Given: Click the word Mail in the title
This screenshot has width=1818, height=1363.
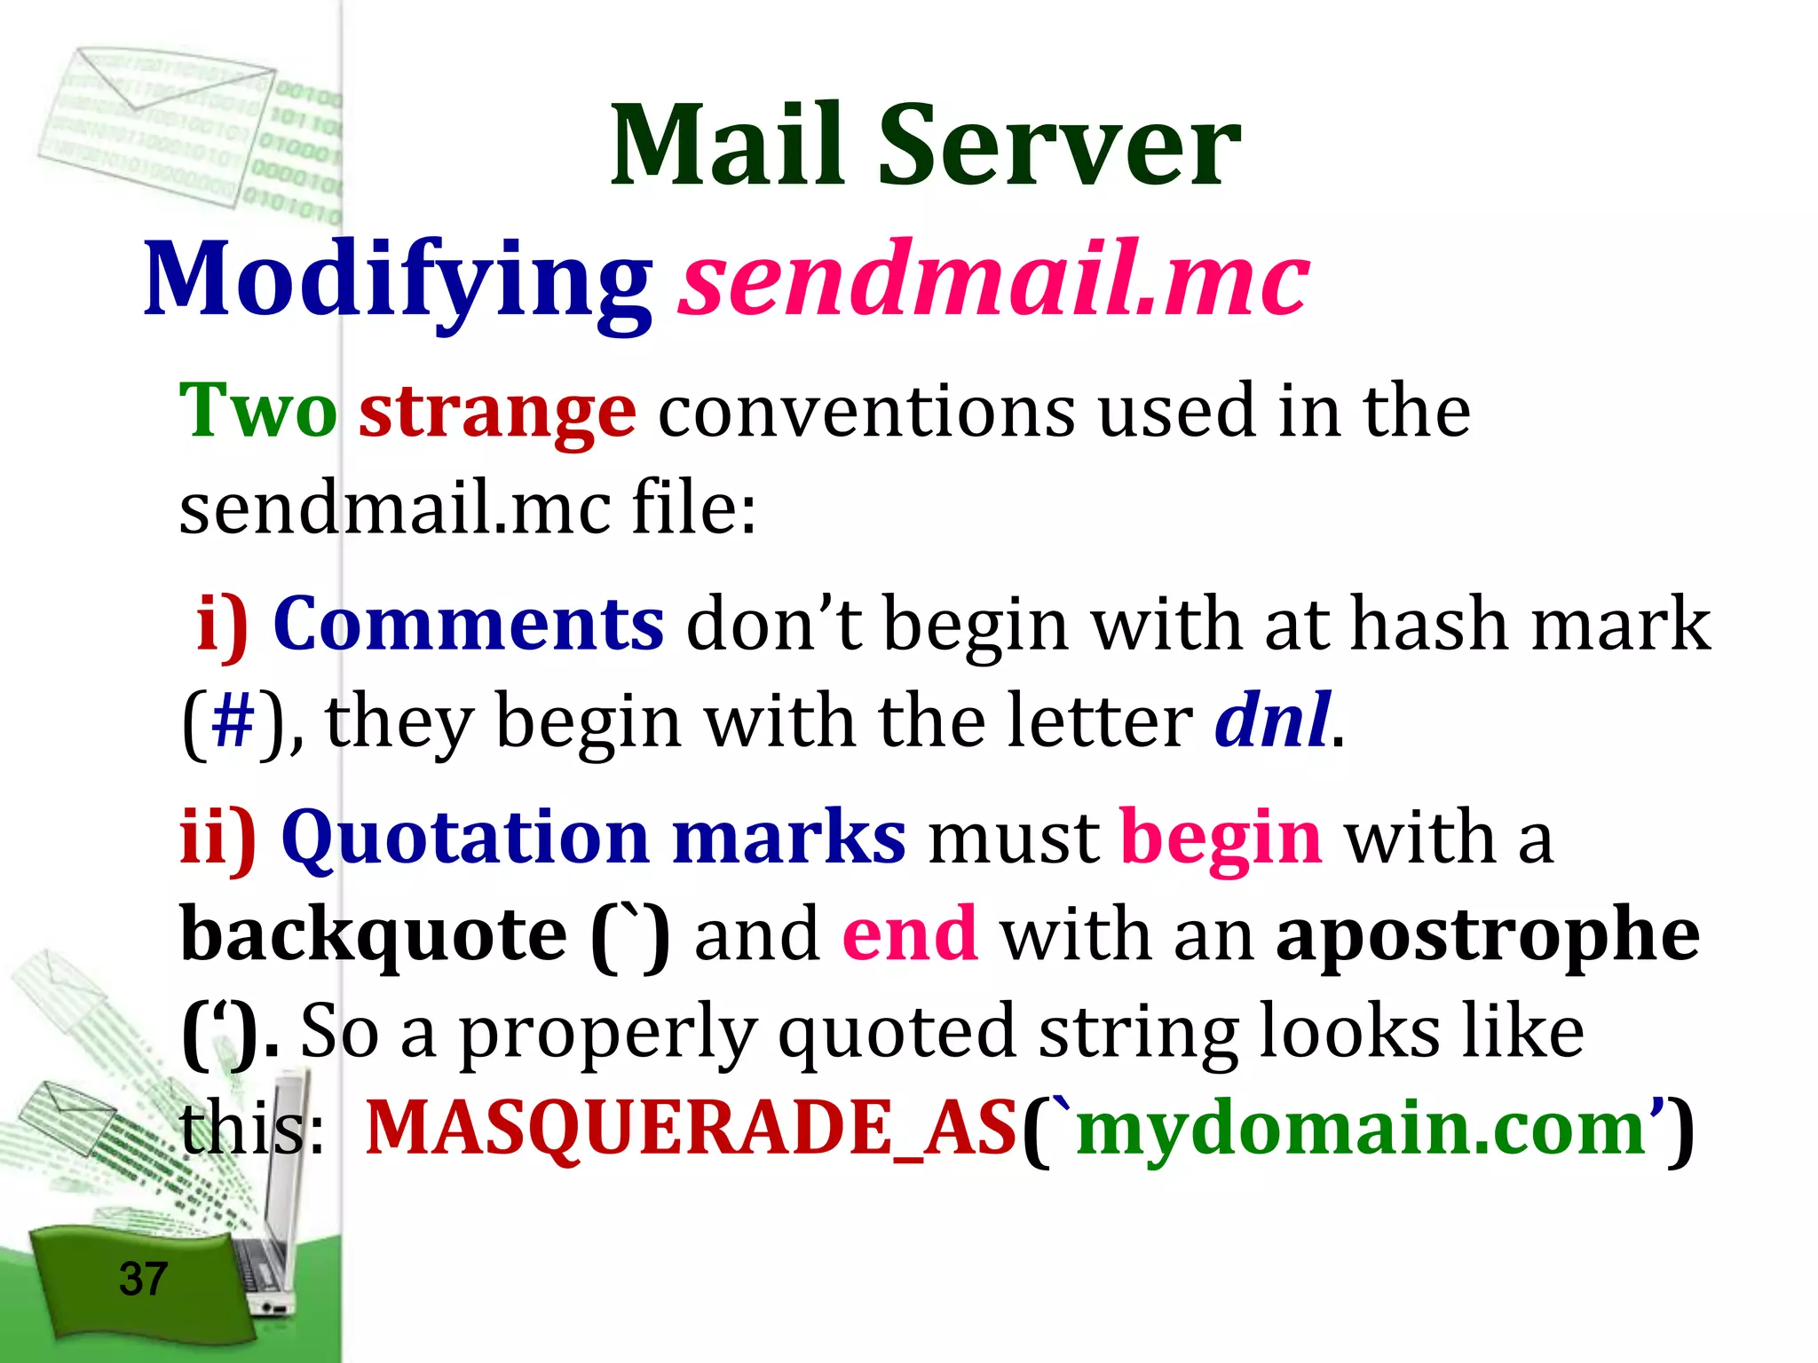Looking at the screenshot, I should pos(728,146).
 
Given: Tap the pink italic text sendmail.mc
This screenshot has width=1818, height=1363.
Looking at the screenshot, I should pos(994,280).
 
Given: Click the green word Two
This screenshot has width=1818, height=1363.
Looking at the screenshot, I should pos(257,411).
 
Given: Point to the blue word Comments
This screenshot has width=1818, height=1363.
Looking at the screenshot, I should pos(468,624).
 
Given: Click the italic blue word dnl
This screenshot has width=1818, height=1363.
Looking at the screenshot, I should pos(1271,721).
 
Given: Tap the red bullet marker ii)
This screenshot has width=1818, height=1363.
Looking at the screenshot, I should pos(218,838).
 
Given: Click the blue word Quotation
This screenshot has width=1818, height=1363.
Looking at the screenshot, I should pos(465,838).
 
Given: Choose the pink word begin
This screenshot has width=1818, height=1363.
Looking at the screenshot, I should pos(1221,839).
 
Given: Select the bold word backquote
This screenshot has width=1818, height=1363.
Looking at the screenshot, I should pos(373,936).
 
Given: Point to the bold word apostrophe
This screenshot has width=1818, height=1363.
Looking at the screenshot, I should pos(1487,936).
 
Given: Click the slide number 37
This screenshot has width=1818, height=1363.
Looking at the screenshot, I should pos(143,1279).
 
